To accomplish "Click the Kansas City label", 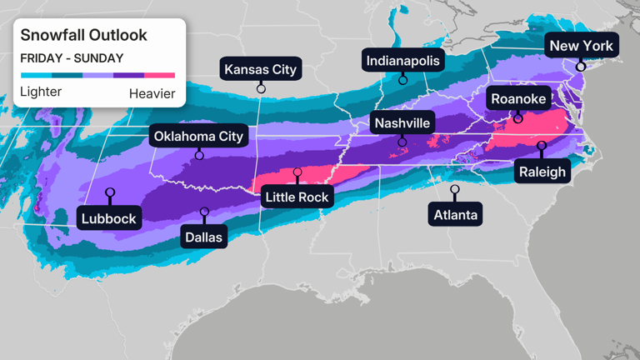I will [x=261, y=68].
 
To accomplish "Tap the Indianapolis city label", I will [x=402, y=60].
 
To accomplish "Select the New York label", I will [x=581, y=46].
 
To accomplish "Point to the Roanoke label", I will [x=517, y=99].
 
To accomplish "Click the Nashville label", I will [x=402, y=123].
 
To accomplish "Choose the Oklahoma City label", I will [x=198, y=136].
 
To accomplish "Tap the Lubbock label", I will [x=109, y=219].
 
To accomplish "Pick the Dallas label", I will [x=204, y=237].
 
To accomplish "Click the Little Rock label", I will [x=297, y=197].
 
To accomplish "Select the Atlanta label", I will [x=455, y=215].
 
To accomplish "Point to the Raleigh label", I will [x=541, y=172].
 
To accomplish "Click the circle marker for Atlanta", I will [x=455, y=190].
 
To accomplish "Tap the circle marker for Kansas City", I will [x=261, y=88].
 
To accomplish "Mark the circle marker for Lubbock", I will [x=109, y=193].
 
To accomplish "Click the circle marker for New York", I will [x=581, y=67].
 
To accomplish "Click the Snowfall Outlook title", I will [x=83, y=35].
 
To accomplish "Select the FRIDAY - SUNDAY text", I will [x=72, y=58].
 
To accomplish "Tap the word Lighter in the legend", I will [x=41, y=92].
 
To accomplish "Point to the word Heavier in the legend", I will [x=152, y=93].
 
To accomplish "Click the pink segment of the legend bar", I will [x=159, y=76].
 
